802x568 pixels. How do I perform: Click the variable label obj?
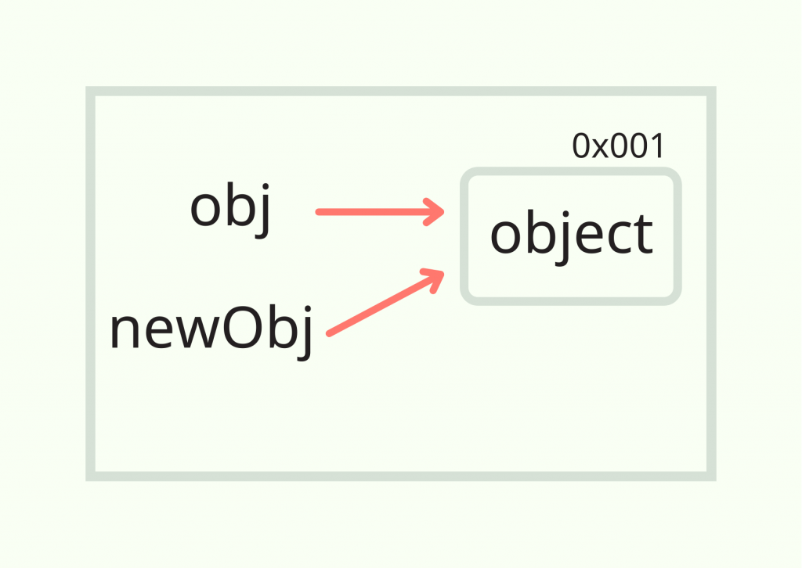[x=230, y=210]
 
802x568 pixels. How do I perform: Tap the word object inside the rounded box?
[x=571, y=235]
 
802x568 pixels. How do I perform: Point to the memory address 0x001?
[x=618, y=146]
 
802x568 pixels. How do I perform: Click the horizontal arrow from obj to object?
[x=376, y=211]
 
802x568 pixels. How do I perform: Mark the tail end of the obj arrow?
[x=318, y=211]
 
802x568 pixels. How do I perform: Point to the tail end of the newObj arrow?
[x=330, y=333]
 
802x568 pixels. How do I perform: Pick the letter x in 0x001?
[x=601, y=147]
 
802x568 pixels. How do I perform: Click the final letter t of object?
[x=643, y=235]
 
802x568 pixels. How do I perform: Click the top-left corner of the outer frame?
[x=91, y=92]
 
